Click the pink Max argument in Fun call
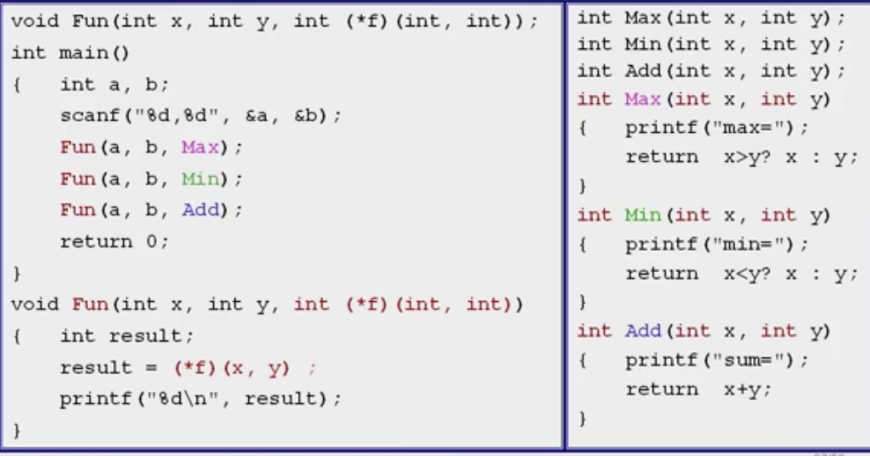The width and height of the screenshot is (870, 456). (x=199, y=147)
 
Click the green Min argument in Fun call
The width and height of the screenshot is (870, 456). (x=199, y=179)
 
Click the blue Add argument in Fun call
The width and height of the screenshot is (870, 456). (x=199, y=210)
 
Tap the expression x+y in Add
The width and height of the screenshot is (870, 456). (x=745, y=389)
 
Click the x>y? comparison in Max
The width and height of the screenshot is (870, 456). (x=751, y=158)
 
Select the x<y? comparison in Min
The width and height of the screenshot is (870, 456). (x=751, y=274)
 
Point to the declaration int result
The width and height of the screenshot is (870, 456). (x=126, y=336)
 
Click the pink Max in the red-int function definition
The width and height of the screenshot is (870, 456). (x=643, y=99)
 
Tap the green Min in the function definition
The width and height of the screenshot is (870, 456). (x=643, y=215)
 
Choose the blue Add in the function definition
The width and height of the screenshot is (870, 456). (x=643, y=331)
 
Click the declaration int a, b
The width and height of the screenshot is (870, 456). (x=114, y=85)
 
